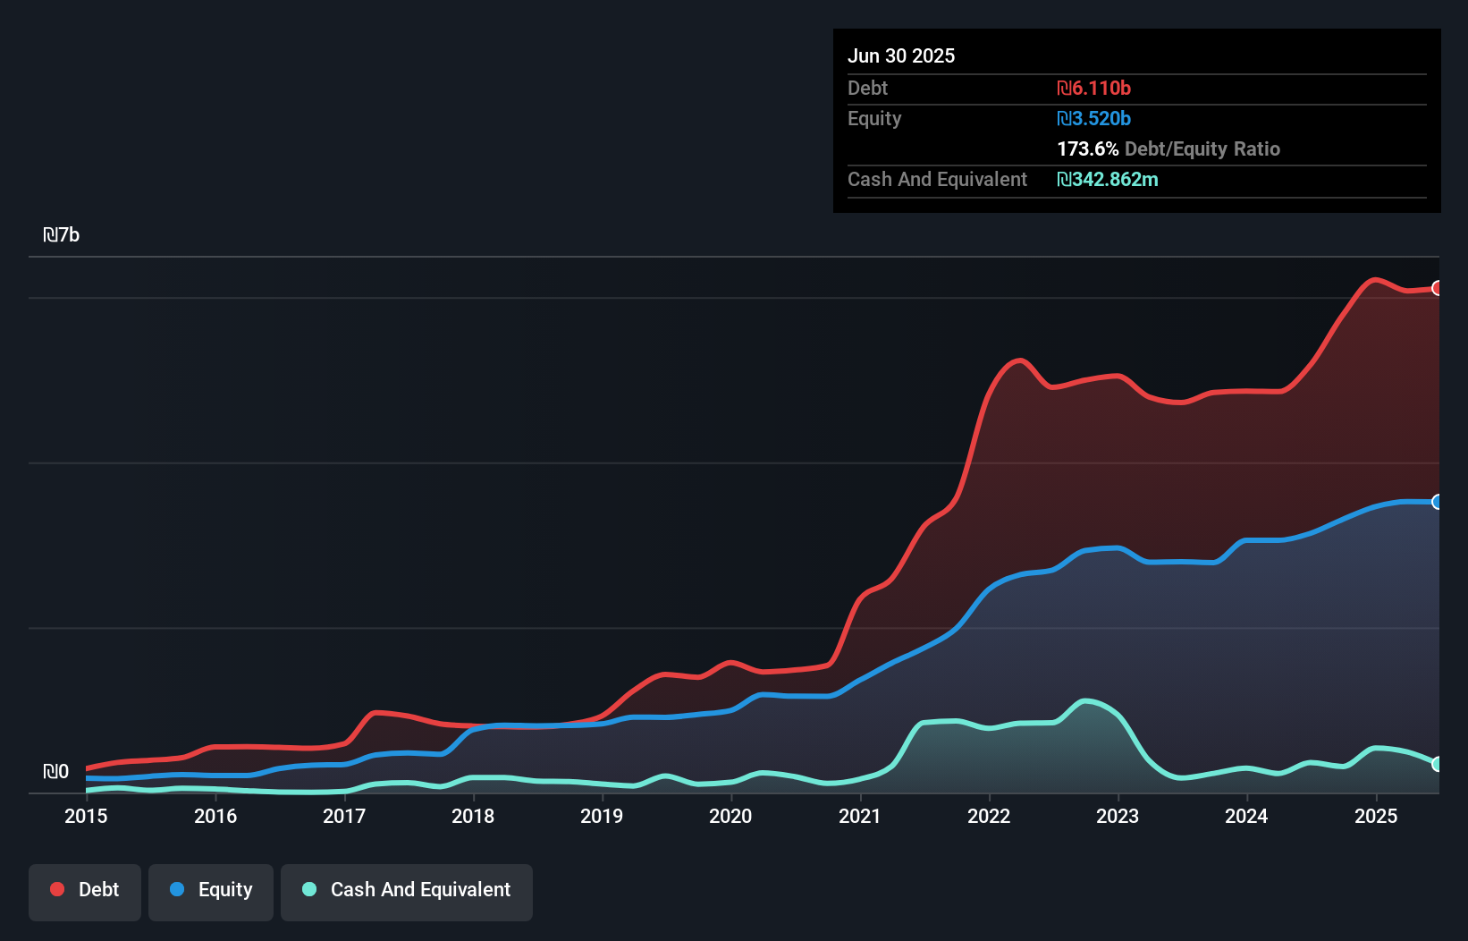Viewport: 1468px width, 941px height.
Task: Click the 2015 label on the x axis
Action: point(86,816)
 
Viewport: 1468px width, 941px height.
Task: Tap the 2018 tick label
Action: point(473,816)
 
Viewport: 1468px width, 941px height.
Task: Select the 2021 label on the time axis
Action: point(860,816)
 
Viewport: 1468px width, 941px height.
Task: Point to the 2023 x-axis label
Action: point(1118,816)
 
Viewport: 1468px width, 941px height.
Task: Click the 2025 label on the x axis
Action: point(1376,816)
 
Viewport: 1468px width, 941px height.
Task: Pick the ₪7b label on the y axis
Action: point(62,235)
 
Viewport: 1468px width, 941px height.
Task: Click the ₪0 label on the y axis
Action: point(55,772)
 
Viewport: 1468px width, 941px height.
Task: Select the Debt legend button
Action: point(85,890)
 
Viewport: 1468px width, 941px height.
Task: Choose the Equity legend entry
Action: point(211,890)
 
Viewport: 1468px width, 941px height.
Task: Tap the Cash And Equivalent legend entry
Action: point(407,890)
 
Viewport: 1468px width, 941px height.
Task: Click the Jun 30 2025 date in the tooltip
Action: point(901,56)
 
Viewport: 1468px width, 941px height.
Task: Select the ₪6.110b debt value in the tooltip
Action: point(1093,89)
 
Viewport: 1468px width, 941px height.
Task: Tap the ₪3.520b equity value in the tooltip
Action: point(1093,119)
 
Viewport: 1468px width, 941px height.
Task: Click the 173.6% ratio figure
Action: point(1087,149)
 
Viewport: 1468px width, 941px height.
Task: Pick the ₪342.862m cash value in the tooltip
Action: point(1107,180)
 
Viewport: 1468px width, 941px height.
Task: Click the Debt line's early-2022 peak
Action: point(1018,360)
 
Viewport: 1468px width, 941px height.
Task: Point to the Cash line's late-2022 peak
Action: point(1085,701)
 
